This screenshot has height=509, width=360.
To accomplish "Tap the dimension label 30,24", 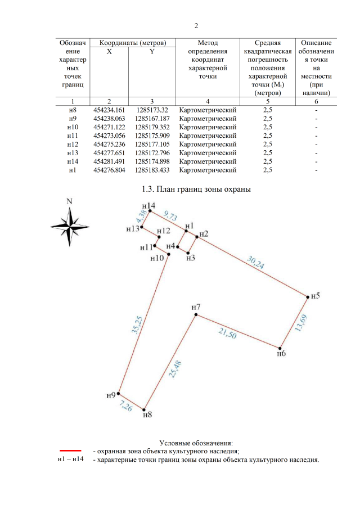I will [x=256, y=263].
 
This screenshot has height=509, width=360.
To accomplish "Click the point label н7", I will [x=196, y=307].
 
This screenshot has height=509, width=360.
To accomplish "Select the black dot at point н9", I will [x=120, y=395].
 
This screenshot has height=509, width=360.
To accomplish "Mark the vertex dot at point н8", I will [x=145, y=409].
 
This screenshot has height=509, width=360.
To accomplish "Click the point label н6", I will [x=282, y=354].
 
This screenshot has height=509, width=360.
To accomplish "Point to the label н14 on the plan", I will [x=148, y=206].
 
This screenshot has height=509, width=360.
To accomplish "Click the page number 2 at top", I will [x=196, y=26].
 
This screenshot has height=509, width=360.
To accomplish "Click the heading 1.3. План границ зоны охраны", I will [x=196, y=188].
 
